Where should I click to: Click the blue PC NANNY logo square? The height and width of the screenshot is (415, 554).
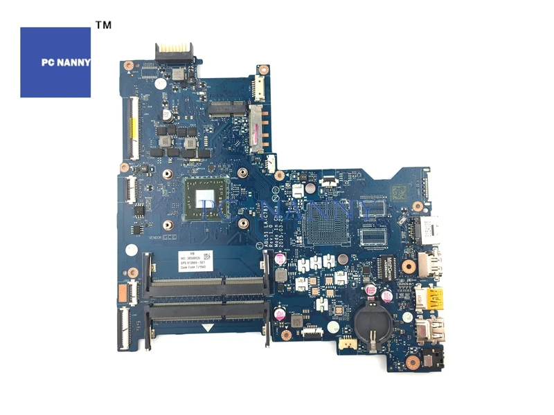pos(55,62)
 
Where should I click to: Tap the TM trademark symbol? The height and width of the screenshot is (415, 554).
pos(102,26)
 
